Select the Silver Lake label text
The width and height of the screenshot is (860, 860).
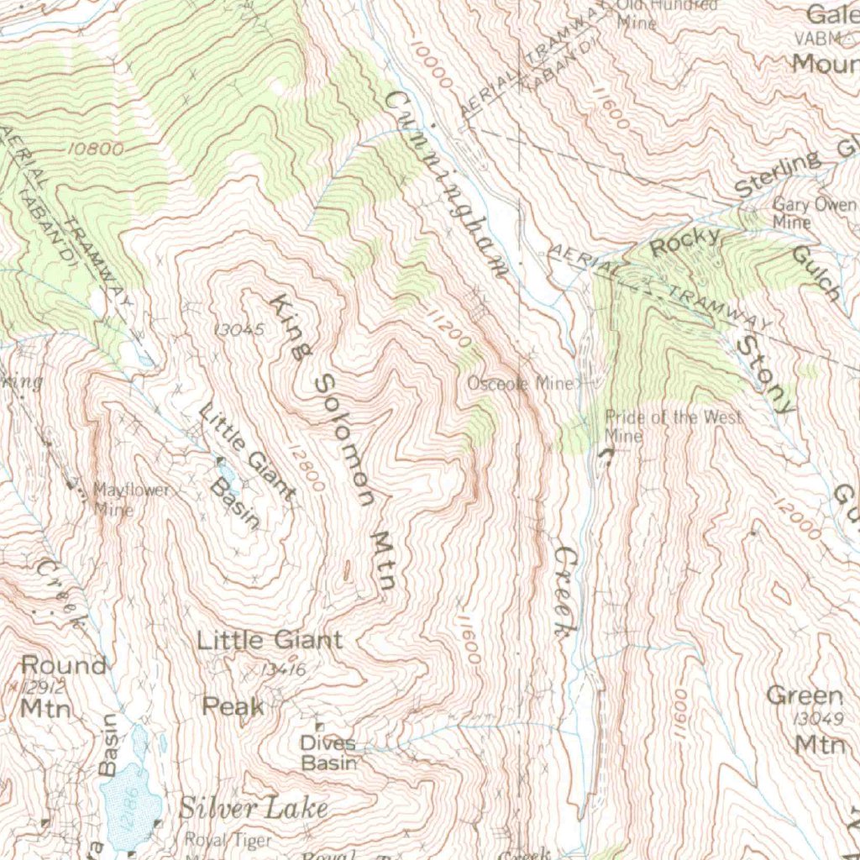click(253, 808)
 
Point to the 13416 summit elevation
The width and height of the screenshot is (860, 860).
click(282, 669)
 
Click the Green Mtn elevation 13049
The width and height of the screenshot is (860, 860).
click(819, 719)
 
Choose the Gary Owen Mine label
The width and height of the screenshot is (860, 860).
click(812, 212)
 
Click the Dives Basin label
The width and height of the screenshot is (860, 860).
click(328, 753)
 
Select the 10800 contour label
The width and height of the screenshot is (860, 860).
click(97, 149)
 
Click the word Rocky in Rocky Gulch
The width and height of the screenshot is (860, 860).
click(685, 243)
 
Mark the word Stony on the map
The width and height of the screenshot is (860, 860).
click(763, 375)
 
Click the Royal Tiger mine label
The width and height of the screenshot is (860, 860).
click(228, 841)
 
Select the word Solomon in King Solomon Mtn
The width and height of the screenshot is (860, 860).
click(344, 441)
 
